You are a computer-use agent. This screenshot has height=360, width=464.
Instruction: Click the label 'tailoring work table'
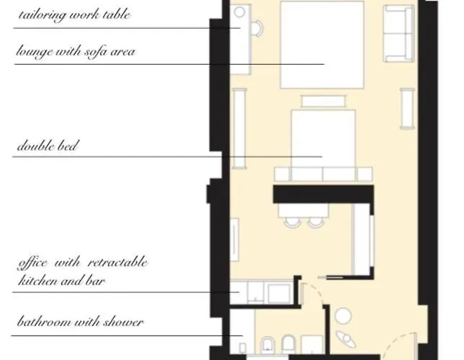pos(74,15)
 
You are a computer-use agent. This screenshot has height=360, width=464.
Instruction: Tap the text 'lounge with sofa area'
pos(76,51)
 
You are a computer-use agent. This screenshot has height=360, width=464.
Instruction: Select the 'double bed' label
pos(48,145)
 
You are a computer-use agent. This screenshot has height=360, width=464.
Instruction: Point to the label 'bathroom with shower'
pos(80,322)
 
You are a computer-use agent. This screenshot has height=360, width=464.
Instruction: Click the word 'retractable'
pos(117,262)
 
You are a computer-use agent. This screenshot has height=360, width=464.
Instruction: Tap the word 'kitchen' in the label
pos(38,280)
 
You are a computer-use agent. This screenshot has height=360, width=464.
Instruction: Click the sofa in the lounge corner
pos(398,34)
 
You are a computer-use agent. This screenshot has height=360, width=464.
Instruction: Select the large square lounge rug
pos(322,45)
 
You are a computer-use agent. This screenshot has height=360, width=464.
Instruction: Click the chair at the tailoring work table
pos(257,28)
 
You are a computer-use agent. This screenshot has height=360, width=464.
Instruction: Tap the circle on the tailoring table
pos(239,12)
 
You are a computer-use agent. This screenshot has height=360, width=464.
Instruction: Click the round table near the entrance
pos(343,315)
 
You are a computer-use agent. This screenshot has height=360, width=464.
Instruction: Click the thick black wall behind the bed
pos(324,194)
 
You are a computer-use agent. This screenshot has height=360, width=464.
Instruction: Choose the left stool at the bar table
pos(293,222)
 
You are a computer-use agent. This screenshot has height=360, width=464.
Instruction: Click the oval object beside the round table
pos(346,339)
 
